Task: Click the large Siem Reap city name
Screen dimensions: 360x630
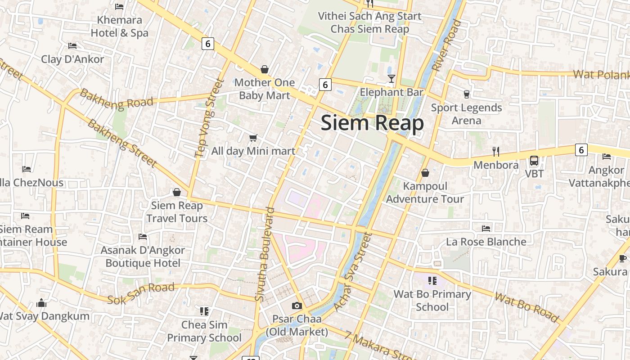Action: [x=372, y=123]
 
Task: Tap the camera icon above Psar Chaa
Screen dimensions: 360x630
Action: [x=297, y=306]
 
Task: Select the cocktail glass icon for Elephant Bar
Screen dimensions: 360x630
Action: [x=391, y=79]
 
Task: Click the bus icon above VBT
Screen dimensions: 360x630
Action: [x=534, y=160]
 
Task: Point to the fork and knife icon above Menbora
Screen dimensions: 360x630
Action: [x=496, y=151]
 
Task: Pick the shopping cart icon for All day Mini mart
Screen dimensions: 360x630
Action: [x=253, y=138]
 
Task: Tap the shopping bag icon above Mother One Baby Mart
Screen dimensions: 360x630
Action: [x=265, y=69]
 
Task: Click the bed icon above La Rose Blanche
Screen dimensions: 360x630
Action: [x=486, y=228]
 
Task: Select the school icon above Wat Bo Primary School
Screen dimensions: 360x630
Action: [x=432, y=281]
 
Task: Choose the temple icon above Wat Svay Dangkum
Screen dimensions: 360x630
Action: [x=42, y=303]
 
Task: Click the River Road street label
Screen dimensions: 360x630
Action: [x=447, y=45]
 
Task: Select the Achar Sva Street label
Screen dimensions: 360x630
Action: [x=352, y=271]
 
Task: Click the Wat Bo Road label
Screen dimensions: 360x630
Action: [x=526, y=308]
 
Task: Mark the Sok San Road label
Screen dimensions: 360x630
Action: [x=141, y=293]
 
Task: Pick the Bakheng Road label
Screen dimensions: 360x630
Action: [x=117, y=98]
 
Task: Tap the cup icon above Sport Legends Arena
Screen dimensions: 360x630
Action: [x=466, y=94]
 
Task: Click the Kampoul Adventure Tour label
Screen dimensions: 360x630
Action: [x=425, y=193]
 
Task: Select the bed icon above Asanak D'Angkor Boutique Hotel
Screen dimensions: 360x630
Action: [x=143, y=237]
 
